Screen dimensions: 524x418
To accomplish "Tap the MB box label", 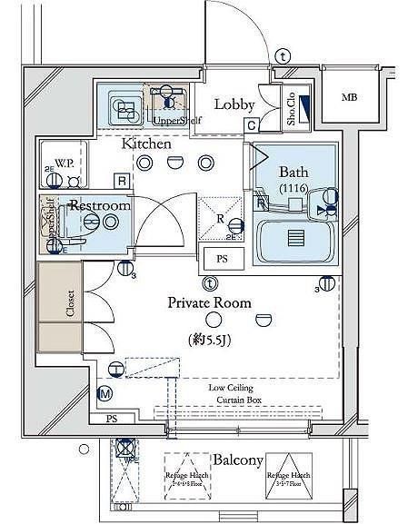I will point(348,97).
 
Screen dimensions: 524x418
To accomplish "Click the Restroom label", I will point(101,206).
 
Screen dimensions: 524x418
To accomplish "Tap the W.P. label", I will point(65,163).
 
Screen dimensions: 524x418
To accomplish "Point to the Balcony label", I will point(239,460).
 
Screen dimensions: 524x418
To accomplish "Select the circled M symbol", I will point(104,392).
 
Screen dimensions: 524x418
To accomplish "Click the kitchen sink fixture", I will point(124,106).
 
